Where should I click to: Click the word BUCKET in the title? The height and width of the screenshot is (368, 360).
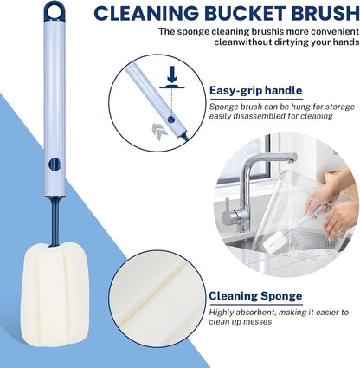tap(243, 13)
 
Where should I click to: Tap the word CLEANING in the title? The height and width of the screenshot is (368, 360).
tap(146, 13)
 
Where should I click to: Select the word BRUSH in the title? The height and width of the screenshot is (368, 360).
tap(324, 13)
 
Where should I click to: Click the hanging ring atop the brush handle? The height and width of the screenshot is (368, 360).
tap(55, 11)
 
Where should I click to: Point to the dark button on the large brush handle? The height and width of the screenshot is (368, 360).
tap(55, 164)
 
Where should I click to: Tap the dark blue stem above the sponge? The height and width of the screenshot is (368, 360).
tap(55, 222)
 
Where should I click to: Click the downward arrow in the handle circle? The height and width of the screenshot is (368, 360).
tap(172, 74)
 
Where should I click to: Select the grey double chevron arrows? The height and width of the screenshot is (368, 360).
tap(159, 132)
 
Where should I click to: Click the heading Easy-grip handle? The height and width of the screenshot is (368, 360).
tap(255, 90)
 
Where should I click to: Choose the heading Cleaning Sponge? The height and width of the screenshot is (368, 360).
tap(255, 296)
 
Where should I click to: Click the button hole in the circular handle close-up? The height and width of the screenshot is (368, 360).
tap(171, 119)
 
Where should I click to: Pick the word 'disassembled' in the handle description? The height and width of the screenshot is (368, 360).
tap(254, 116)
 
